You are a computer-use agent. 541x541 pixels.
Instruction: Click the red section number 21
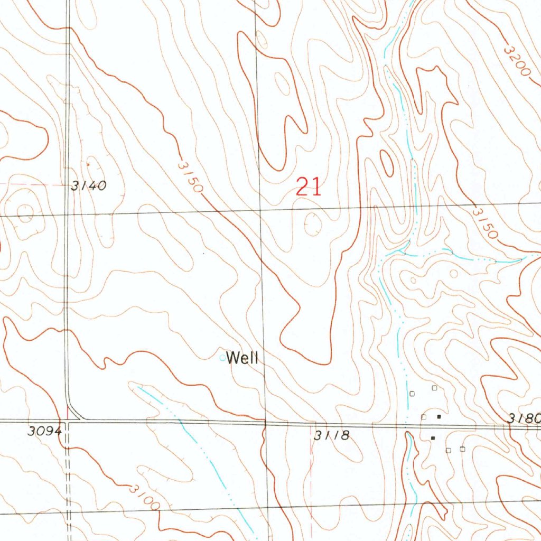309,187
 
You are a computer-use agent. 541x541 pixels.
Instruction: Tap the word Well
242,359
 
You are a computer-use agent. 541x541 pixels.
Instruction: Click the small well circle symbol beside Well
222,358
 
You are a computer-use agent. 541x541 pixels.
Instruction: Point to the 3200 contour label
517,60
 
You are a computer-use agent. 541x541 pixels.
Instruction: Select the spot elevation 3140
89,185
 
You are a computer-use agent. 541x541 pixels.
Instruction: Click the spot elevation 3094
45,431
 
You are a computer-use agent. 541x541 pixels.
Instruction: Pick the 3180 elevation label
524,418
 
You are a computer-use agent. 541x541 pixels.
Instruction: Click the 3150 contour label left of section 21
190,176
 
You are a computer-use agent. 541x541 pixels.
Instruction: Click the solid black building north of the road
439,416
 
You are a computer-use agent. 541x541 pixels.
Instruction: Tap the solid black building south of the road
433,438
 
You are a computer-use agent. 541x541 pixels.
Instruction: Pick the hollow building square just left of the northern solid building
424,417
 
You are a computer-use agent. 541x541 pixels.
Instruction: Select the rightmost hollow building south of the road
462,449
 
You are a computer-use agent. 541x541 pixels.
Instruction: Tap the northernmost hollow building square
434,388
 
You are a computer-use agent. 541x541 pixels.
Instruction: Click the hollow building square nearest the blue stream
413,393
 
